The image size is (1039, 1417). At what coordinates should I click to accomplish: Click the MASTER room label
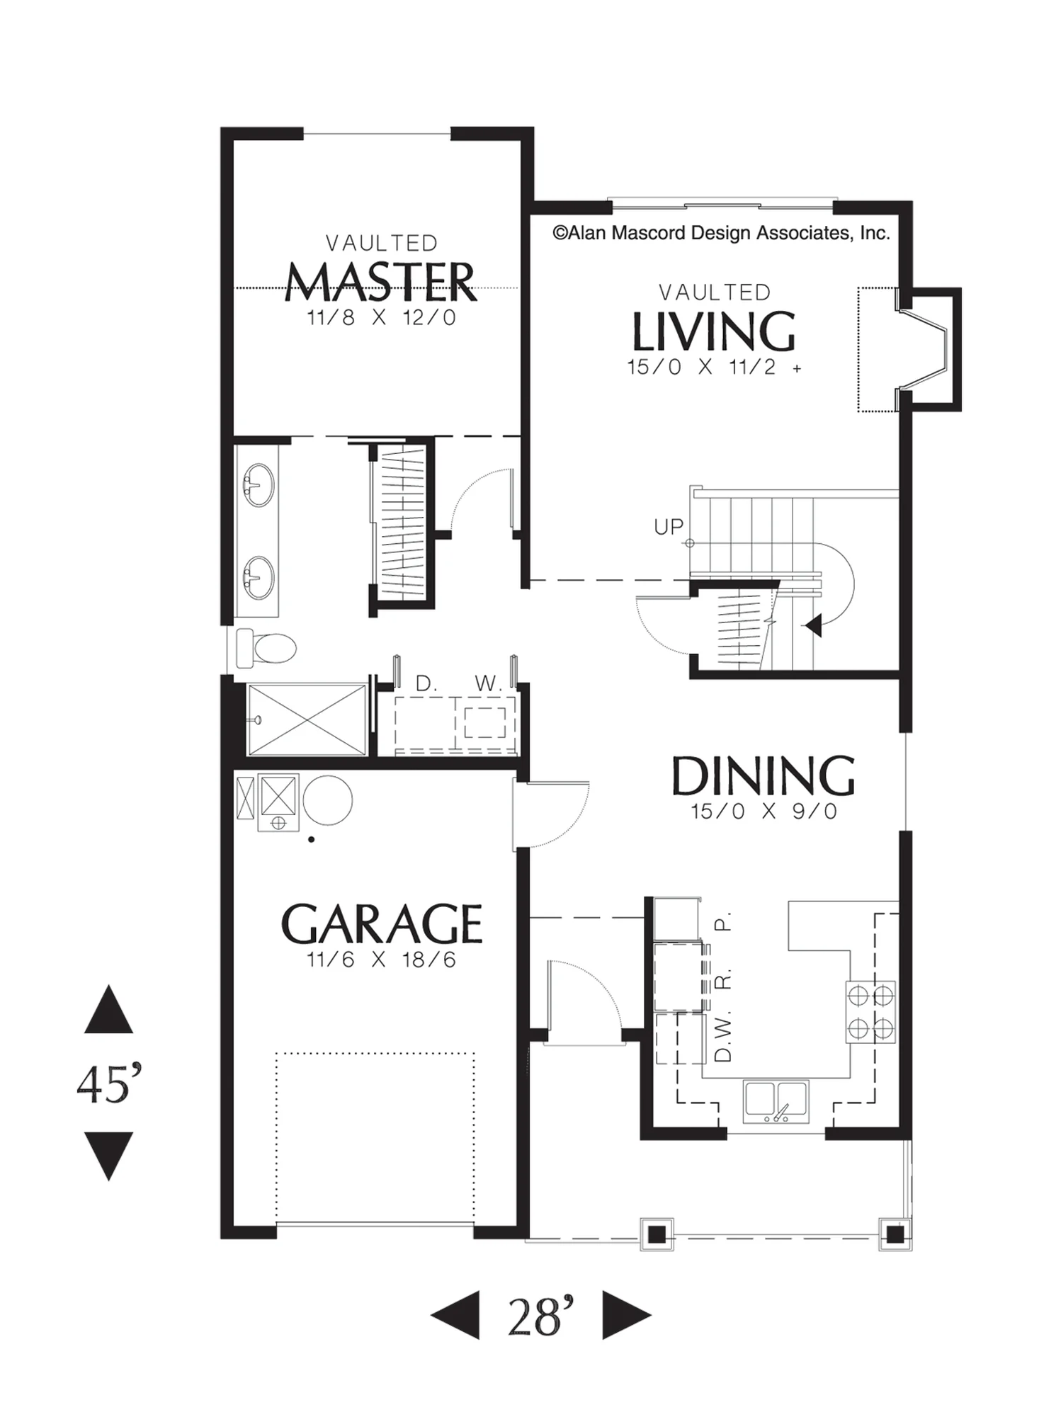[x=380, y=282]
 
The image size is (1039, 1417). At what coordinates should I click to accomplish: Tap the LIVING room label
[x=713, y=331]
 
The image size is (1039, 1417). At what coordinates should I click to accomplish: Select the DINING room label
[x=763, y=776]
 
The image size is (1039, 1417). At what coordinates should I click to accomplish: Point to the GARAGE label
[x=382, y=923]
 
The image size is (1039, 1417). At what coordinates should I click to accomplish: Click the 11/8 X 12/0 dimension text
[x=382, y=317]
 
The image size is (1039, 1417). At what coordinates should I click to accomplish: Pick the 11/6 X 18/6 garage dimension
[x=382, y=960]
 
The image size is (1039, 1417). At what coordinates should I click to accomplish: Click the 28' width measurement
[x=540, y=1316]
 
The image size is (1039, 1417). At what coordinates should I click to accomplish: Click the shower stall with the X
[x=306, y=719]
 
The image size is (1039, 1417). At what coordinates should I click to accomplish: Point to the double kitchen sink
[x=776, y=1100]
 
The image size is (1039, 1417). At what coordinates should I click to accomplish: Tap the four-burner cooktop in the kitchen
[x=870, y=1011]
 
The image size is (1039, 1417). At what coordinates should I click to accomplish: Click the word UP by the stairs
[x=669, y=527]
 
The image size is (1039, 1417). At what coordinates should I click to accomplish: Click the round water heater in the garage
[x=327, y=800]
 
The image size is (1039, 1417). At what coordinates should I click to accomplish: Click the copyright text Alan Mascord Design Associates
[x=721, y=233]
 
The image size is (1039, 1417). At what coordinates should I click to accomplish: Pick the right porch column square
[x=895, y=1234]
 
